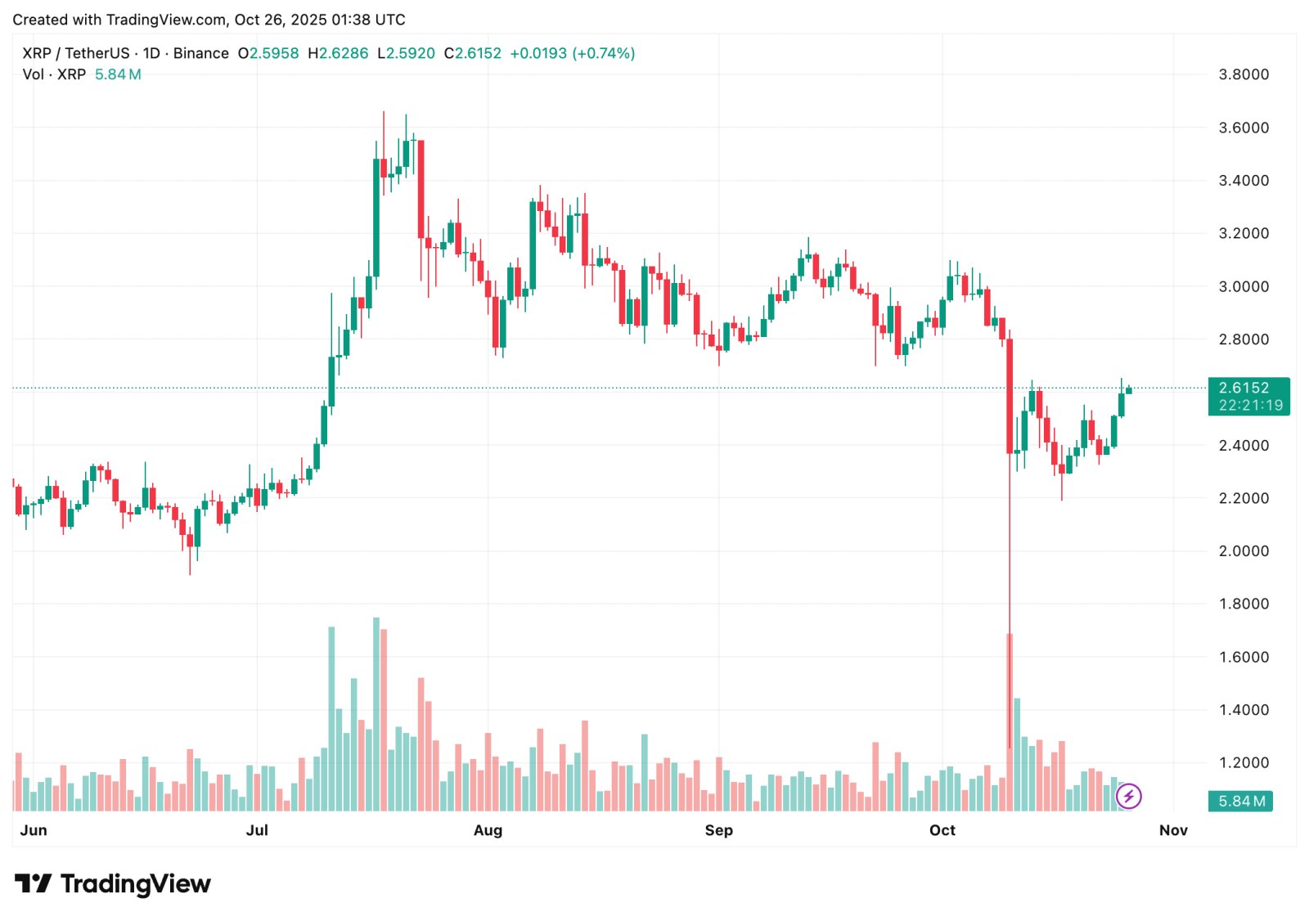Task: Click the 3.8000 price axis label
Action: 1244,74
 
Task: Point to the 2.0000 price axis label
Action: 1244,551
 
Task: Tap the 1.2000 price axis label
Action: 1244,763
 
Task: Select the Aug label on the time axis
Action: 488,830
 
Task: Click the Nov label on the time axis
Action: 1172,830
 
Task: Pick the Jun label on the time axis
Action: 34,830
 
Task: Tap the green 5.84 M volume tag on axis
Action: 1240,802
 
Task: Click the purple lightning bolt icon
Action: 1128,796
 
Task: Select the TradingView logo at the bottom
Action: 113,884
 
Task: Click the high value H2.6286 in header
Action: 338,53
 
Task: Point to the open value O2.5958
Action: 268,53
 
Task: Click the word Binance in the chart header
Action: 201,53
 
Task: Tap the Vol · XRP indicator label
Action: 54,74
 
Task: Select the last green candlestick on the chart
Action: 1129,390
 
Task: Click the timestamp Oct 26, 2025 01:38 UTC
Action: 319,20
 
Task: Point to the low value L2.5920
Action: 407,53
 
